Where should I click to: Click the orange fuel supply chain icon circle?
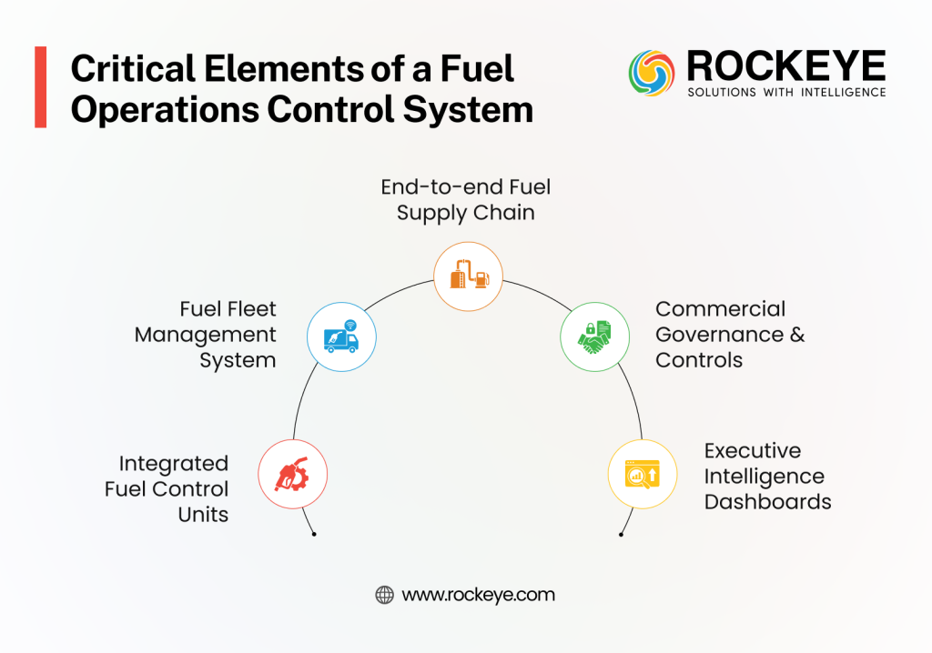(467, 274)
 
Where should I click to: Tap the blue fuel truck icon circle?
(341, 337)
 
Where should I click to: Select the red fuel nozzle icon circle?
(293, 474)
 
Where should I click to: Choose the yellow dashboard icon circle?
(642, 474)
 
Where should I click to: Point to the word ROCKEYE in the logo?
(785, 66)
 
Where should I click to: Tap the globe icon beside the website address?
(385, 595)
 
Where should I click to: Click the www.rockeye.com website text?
(478, 595)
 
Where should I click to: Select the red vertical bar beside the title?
(40, 87)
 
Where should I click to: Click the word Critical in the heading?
(129, 69)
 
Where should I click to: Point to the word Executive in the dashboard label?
(752, 451)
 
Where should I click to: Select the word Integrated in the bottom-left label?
(173, 464)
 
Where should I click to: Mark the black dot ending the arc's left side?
(314, 534)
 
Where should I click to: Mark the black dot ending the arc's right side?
(621, 534)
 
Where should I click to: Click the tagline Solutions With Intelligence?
(785, 93)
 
